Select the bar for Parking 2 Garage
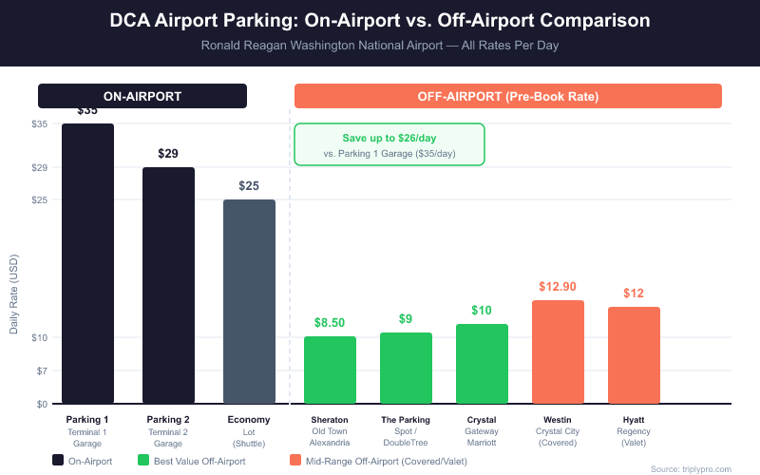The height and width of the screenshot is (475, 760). click(x=168, y=285)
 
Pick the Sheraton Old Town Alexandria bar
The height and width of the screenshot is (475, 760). click(x=330, y=370)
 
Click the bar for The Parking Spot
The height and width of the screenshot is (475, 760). click(x=406, y=368)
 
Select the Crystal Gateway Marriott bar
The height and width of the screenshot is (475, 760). click(x=482, y=364)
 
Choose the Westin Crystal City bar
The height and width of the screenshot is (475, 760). click(x=558, y=351)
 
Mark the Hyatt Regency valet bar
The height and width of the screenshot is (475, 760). click(x=634, y=355)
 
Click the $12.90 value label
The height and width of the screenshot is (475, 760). click(x=558, y=286)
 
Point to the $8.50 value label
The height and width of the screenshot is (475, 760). click(x=330, y=322)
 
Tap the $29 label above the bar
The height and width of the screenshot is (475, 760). click(x=168, y=153)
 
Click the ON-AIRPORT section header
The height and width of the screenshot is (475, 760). click(x=142, y=96)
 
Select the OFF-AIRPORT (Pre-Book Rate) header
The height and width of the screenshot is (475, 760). click(x=508, y=96)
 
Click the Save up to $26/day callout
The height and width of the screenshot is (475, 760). click(x=389, y=144)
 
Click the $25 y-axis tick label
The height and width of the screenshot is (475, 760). click(x=40, y=199)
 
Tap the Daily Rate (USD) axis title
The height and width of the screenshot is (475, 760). click(x=14, y=294)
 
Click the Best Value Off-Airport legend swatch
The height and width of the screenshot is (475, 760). click(x=144, y=461)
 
